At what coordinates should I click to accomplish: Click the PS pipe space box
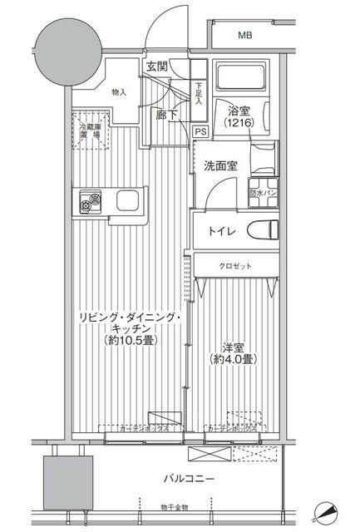click(200, 131)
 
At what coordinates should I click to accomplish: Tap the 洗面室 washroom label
click(221, 165)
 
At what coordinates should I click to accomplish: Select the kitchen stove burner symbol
click(89, 201)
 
